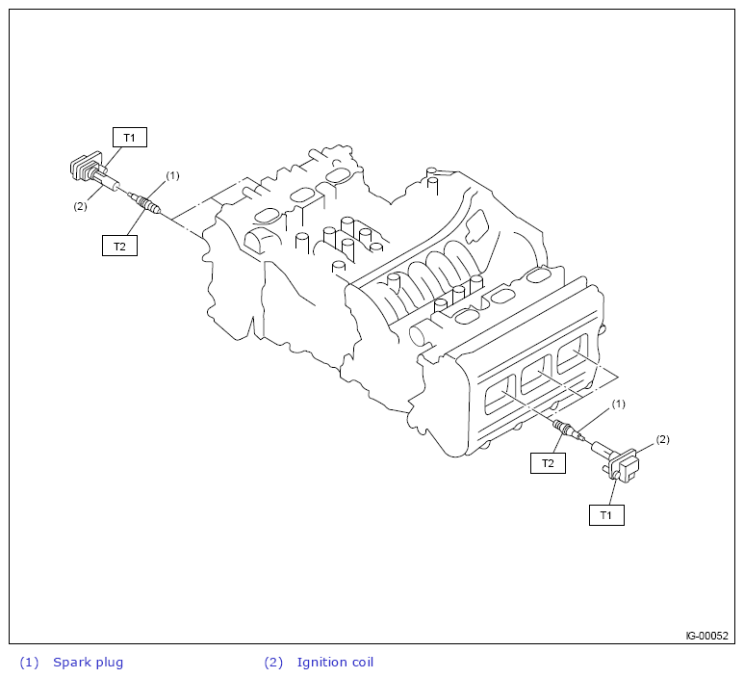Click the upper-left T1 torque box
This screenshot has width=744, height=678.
(x=129, y=138)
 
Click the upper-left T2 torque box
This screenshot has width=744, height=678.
(x=119, y=246)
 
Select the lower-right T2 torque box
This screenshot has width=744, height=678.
(x=548, y=463)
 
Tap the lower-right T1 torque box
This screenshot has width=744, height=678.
(x=606, y=515)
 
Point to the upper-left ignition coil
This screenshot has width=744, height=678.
(x=88, y=170)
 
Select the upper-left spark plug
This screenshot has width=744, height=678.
(x=146, y=202)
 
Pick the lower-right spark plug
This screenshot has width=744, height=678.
(x=565, y=428)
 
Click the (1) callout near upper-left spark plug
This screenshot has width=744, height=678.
(x=172, y=175)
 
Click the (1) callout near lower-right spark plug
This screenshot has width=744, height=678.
(x=619, y=403)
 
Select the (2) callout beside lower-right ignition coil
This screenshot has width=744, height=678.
(x=662, y=439)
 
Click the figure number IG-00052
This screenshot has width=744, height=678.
(x=706, y=636)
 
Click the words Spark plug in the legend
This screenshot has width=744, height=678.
(x=89, y=662)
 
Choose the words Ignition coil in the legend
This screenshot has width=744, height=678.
(x=335, y=662)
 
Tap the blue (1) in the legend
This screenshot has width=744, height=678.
(x=29, y=662)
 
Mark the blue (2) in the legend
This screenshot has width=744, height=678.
(x=273, y=662)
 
